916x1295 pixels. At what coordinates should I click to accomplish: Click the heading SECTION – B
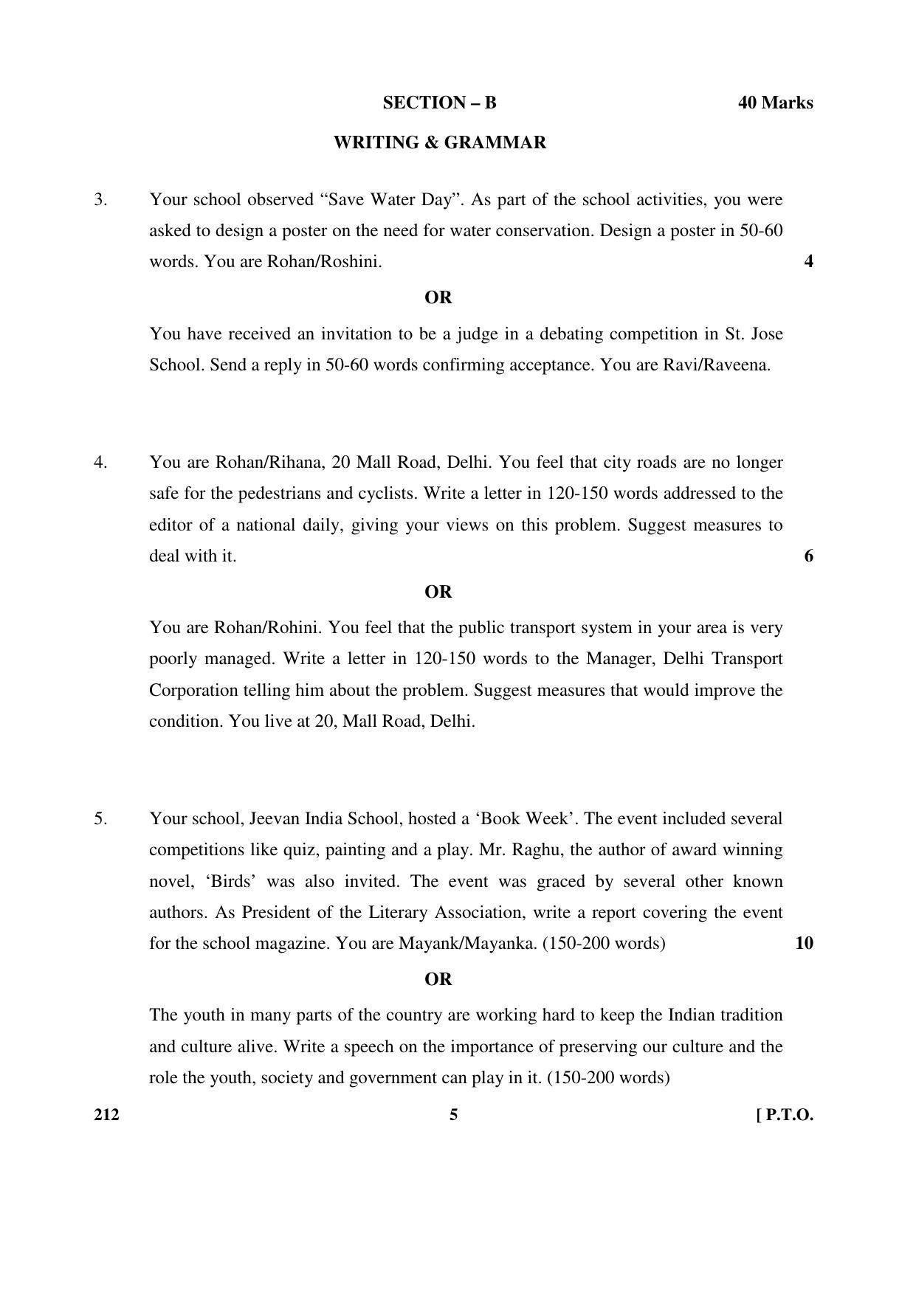click(x=439, y=103)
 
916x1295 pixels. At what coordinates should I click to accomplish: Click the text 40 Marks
click(x=775, y=103)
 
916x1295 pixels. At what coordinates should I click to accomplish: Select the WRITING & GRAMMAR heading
click(x=439, y=142)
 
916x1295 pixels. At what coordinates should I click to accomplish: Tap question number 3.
click(x=100, y=200)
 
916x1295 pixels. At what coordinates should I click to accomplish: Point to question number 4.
click(x=100, y=463)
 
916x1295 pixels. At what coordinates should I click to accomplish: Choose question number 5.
click(x=100, y=819)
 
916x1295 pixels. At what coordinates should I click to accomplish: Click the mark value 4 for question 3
click(x=808, y=262)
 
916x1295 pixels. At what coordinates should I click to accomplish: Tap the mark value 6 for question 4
click(x=808, y=556)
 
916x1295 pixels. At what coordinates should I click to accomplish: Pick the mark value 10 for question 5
click(x=804, y=944)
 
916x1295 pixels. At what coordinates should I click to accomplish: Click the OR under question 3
click(x=438, y=298)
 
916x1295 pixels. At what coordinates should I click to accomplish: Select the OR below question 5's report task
click(x=438, y=980)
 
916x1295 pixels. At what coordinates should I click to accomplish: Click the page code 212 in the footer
click(x=106, y=1115)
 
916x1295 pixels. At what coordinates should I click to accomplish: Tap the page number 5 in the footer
click(x=453, y=1115)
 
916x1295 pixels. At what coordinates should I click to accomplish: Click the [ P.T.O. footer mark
click(x=785, y=1115)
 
